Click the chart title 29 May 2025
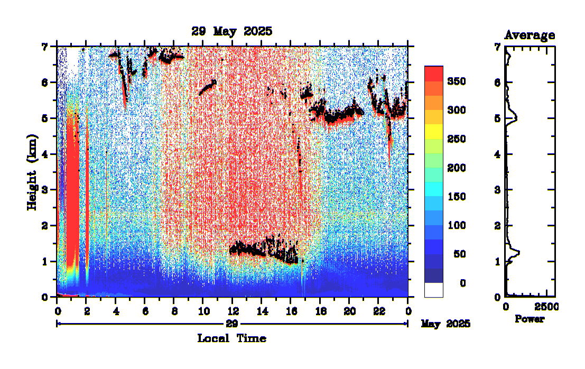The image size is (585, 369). coord(232,31)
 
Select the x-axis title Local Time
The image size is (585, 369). coord(231,338)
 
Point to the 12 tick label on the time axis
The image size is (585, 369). coord(232,310)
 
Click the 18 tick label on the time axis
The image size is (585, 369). coord(320,310)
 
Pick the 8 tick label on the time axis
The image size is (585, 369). coord(174,310)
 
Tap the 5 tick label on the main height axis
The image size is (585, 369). coord(45,118)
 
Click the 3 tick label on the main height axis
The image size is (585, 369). coord(45,190)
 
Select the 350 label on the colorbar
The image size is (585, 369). coord(456,81)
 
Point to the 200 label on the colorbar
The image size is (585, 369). coord(456,168)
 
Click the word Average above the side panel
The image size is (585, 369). coord(530,35)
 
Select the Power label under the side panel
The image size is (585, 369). coord(530,319)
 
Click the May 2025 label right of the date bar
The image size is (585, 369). coord(445,323)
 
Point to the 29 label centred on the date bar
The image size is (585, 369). coord(232,323)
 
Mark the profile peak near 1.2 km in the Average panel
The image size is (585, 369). coord(519,253)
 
